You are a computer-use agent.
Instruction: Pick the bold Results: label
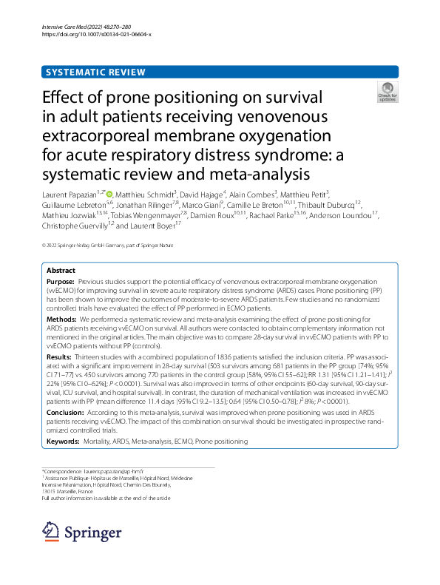(58, 356)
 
